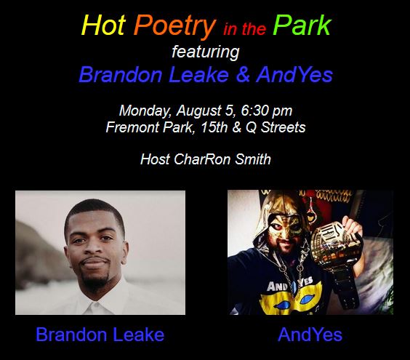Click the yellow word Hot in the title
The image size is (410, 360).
point(103,25)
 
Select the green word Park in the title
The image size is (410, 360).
point(302,25)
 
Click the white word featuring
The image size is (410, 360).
point(206,52)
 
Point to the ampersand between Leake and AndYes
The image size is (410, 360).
point(243,75)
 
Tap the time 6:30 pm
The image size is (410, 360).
point(267,111)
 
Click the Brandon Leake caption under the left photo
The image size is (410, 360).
point(100,335)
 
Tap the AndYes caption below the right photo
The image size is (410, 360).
point(310,335)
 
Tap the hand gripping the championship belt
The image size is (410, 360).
point(352,225)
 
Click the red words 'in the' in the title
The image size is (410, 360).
point(244,29)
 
